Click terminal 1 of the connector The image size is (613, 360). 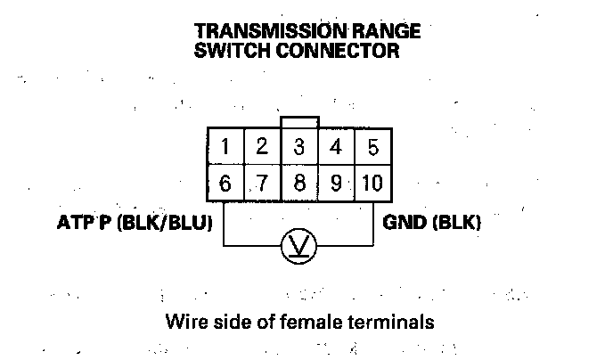tap(225, 147)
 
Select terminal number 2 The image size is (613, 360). tap(262, 147)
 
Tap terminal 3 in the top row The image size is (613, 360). tap(299, 147)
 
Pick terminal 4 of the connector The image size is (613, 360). tap(336, 147)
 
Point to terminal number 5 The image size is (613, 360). tap(372, 147)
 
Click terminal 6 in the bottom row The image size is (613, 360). tap(225, 184)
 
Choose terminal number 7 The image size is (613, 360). tap(262, 184)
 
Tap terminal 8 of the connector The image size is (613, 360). tap(299, 184)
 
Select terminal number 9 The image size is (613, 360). tap(336, 184)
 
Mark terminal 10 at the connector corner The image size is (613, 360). tap(372, 184)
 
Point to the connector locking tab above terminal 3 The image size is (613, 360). tap(298, 122)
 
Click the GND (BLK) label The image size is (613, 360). tap(431, 223)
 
